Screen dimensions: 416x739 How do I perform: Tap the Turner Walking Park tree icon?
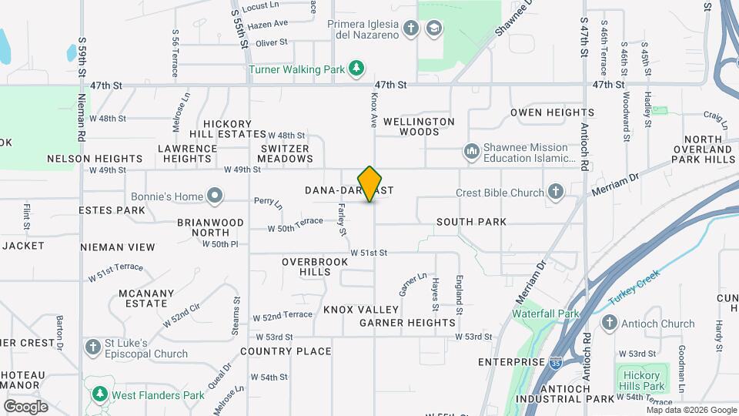tap(356, 69)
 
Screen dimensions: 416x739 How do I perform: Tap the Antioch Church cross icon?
tap(610, 324)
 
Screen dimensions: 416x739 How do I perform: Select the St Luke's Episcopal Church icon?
tap(93, 347)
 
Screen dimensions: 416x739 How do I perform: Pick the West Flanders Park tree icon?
tap(99, 395)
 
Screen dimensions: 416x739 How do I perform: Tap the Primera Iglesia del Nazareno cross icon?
tap(411, 29)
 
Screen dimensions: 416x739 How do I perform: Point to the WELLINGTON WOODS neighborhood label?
tap(419, 126)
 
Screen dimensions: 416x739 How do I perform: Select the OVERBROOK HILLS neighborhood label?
tap(306, 267)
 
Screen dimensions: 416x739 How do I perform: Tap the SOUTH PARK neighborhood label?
tap(471, 222)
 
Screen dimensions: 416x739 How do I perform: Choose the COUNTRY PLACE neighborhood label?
tap(286, 351)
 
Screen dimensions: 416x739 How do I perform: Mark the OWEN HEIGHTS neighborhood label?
tap(552, 112)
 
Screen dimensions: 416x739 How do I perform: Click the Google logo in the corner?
tap(25, 406)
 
